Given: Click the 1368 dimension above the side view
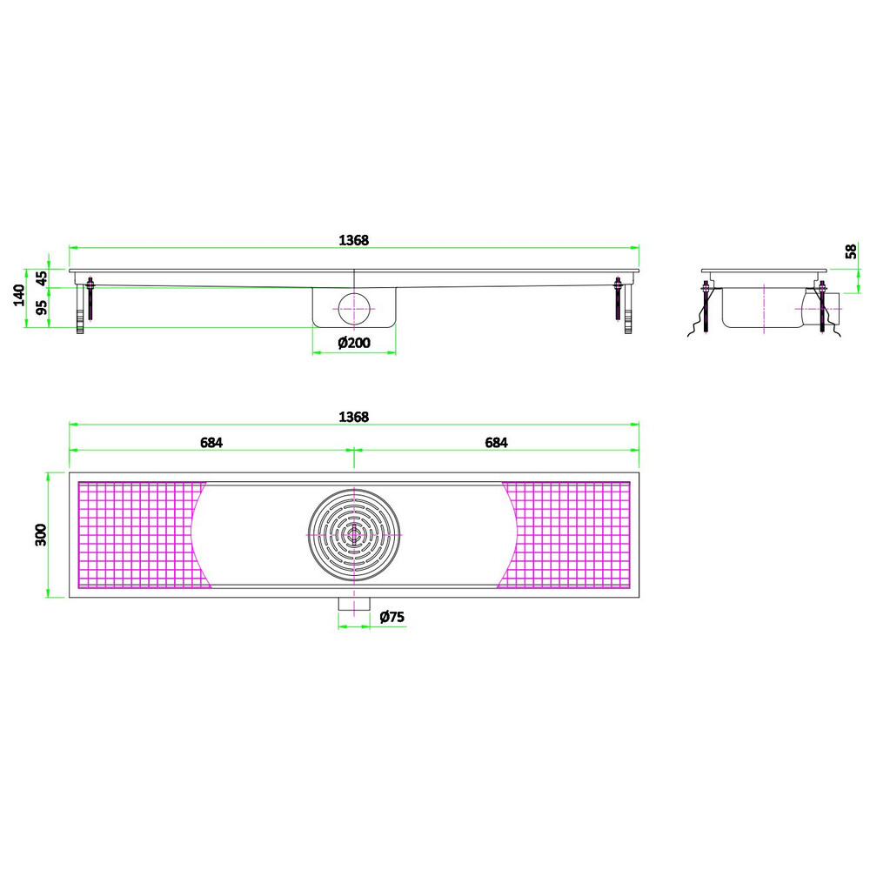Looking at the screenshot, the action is (x=353, y=240).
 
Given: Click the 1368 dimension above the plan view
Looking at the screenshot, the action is (x=353, y=417).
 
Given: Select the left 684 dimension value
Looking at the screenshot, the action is (x=211, y=442).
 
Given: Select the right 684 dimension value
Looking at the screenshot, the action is (x=496, y=442).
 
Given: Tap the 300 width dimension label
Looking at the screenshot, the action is (x=42, y=535).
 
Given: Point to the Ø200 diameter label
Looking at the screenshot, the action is (x=354, y=343).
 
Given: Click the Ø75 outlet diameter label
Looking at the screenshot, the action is (x=391, y=617).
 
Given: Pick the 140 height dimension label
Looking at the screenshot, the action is (x=19, y=295).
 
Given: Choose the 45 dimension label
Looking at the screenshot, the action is (x=42, y=278).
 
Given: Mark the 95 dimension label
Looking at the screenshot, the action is (x=42, y=307).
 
